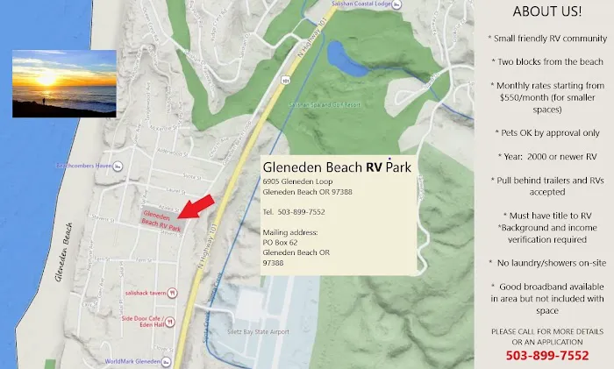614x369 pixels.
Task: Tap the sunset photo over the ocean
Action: (x=64, y=83)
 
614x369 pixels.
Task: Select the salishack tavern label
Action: (x=146, y=292)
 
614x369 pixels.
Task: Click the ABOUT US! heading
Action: (x=546, y=11)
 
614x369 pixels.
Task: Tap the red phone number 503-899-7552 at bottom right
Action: (x=546, y=355)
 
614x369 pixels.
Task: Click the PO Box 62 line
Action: (x=281, y=241)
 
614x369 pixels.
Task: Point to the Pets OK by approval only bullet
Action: (x=546, y=132)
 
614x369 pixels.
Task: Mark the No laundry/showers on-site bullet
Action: (x=546, y=262)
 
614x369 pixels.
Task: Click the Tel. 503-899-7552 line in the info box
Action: (x=294, y=212)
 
